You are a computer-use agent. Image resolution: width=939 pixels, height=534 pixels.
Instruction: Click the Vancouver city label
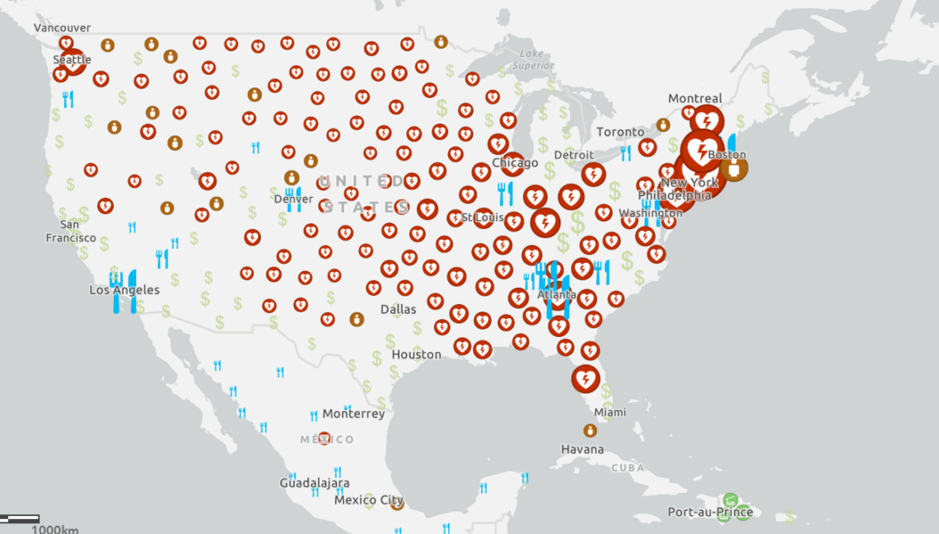pos(62,27)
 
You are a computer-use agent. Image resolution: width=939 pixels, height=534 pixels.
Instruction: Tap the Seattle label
pos(72,60)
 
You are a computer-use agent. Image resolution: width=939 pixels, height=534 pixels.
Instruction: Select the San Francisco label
pos(70,231)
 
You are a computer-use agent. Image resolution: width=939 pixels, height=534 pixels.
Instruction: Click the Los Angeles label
pos(124,290)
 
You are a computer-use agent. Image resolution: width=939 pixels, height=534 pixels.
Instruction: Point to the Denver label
pos(293,199)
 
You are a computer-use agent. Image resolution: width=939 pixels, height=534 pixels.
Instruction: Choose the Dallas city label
pos(398,310)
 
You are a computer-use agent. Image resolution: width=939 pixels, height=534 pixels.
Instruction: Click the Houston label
pos(416,354)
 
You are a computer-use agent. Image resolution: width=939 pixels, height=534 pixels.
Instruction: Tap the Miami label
pos(610,412)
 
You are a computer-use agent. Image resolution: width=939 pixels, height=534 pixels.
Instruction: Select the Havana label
pos(582,450)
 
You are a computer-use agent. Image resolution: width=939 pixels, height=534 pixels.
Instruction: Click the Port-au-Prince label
pos(710,513)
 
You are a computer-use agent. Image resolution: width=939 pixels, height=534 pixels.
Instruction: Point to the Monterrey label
pos(353,414)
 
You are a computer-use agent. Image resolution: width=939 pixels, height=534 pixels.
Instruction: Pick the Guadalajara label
pos(314,483)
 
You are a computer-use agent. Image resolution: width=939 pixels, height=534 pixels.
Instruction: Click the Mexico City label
pos(368,500)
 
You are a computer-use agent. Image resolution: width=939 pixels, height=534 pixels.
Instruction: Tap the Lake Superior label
pos(531,60)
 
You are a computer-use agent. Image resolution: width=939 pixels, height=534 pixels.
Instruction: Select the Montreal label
pos(694,99)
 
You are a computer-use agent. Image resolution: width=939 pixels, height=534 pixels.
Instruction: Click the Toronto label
pos(620,132)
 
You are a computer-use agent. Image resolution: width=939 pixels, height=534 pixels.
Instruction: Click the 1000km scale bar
pos(20,519)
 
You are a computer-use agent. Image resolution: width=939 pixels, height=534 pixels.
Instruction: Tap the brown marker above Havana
pos(590,430)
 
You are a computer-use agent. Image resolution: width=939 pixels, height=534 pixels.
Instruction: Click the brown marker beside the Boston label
pos(733,168)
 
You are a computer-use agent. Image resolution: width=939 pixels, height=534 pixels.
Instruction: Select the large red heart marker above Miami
pos(586,379)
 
